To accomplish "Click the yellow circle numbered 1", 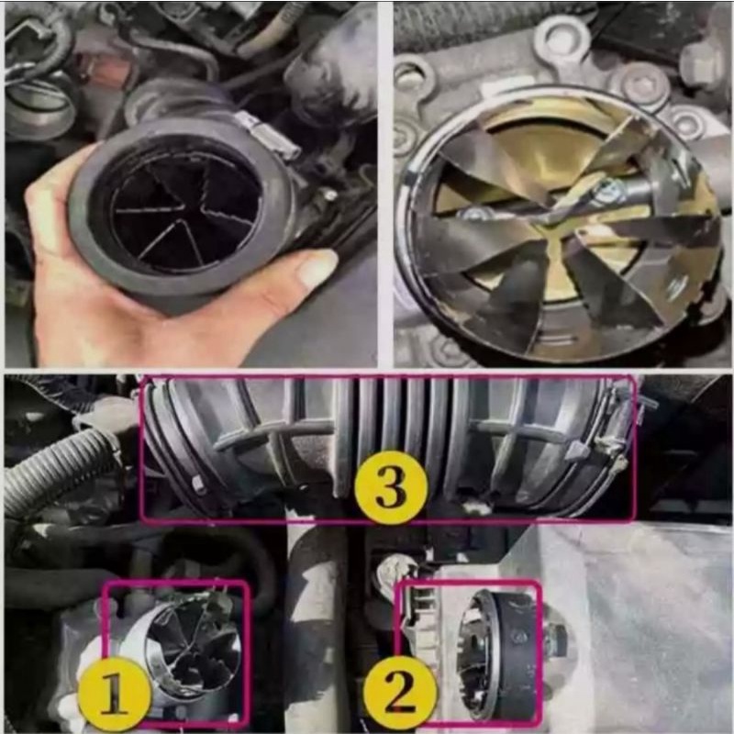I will (115, 695).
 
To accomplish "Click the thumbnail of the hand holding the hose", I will (189, 183).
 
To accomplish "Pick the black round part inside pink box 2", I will (500, 653).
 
